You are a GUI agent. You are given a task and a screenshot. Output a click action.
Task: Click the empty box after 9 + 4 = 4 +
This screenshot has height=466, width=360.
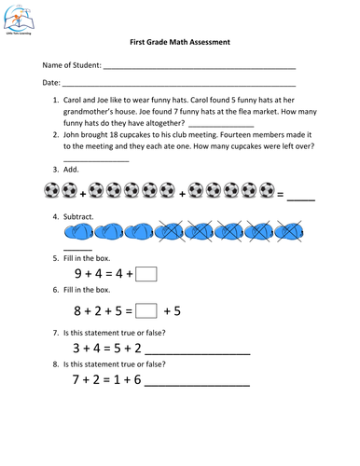pos(147,273)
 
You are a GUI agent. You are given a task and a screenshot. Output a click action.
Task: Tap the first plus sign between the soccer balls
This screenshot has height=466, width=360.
pos(85,193)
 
